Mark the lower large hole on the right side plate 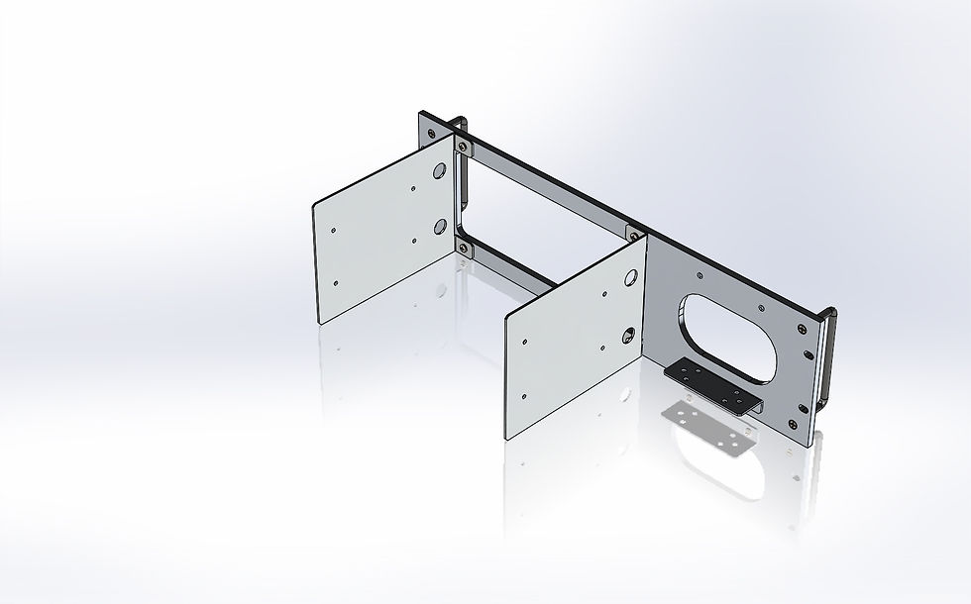(627, 336)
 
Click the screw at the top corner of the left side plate (464, 148)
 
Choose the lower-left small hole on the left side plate (337, 282)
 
